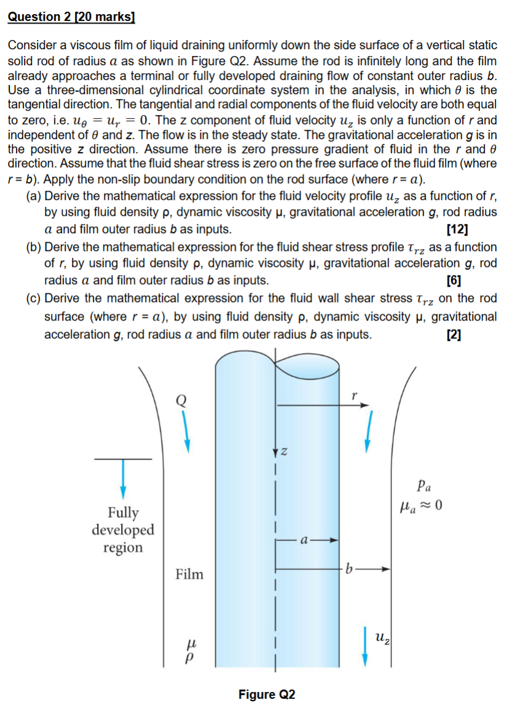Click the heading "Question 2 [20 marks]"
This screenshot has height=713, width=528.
coord(71,17)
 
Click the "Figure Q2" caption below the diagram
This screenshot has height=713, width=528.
coord(267,695)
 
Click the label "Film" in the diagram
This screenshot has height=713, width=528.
coord(189,575)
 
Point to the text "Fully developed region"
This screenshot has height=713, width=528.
coord(124,530)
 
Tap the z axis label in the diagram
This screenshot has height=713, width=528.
coord(284,453)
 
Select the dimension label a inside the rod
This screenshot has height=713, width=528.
coord(304,541)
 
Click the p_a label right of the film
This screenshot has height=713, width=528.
coord(423,485)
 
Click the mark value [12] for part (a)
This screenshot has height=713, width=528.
coord(455,230)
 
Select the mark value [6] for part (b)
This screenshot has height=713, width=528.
coord(455,281)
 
